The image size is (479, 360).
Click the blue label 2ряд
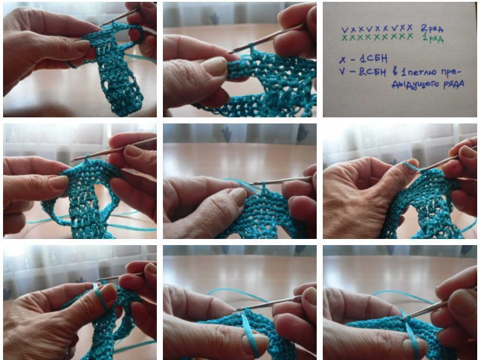coord(432,29)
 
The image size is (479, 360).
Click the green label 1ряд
coord(433,39)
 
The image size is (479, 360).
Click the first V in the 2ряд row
coord(345,30)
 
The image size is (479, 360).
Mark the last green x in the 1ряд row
coord(410,36)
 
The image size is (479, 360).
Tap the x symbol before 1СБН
coord(342,60)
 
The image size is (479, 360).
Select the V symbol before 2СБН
coord(342,72)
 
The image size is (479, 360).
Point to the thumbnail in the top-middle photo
coord(215,66)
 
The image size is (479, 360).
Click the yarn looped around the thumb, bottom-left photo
coord(100,297)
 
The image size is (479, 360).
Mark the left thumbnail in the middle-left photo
coord(58,182)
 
